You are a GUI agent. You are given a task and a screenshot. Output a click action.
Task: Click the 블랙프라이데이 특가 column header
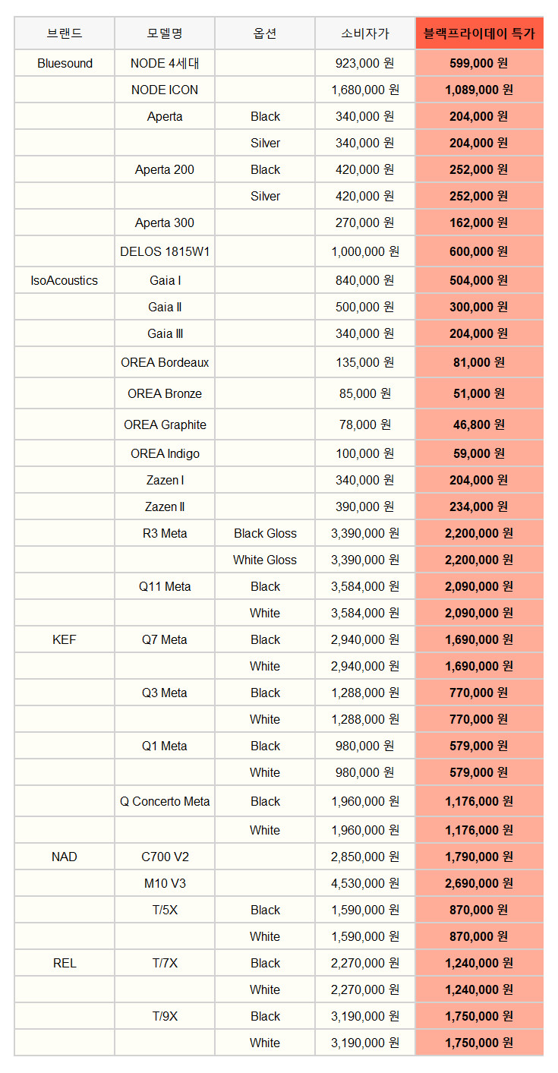click(x=479, y=33)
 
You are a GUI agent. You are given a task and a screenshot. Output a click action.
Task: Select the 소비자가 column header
click(x=365, y=33)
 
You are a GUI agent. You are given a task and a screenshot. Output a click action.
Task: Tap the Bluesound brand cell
click(x=65, y=63)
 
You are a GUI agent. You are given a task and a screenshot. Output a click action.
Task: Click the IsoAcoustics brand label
click(x=65, y=280)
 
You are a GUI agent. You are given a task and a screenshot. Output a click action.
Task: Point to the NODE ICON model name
click(x=165, y=90)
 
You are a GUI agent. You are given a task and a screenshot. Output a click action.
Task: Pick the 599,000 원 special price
click(x=479, y=63)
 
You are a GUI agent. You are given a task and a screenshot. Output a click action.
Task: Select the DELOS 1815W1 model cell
click(x=165, y=251)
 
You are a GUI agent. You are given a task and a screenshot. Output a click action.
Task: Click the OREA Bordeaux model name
click(x=165, y=362)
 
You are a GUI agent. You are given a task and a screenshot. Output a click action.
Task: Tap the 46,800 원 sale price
click(x=479, y=424)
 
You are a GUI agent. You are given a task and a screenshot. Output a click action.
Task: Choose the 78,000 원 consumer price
click(x=365, y=424)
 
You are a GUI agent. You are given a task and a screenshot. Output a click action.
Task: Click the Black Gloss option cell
click(x=265, y=533)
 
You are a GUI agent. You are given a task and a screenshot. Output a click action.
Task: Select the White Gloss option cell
click(x=265, y=560)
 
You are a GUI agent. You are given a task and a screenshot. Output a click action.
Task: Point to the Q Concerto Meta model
click(x=165, y=801)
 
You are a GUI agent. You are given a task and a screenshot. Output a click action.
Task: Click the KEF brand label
click(x=65, y=639)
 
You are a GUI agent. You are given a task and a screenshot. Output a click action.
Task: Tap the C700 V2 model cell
click(x=165, y=857)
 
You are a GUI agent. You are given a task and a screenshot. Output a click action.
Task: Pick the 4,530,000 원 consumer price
click(x=365, y=883)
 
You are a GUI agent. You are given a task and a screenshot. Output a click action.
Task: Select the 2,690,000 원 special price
click(x=479, y=883)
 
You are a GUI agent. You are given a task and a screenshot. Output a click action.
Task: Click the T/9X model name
click(x=165, y=1016)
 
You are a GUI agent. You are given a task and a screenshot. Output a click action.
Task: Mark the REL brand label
click(x=65, y=963)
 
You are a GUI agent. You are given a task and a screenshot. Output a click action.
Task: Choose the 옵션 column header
click(x=265, y=33)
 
